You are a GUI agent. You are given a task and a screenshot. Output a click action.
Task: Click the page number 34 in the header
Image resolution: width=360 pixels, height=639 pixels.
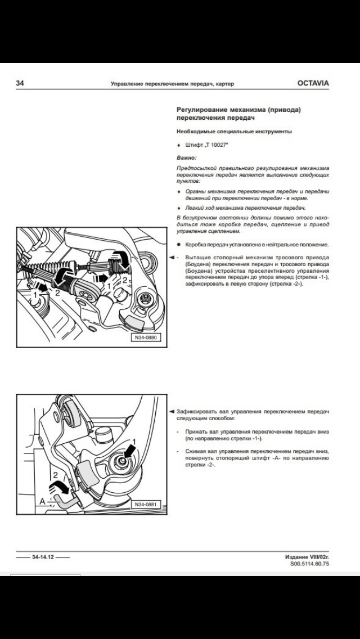click(x=20, y=83)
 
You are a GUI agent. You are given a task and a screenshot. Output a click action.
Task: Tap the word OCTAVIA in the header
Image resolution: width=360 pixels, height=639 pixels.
click(x=313, y=83)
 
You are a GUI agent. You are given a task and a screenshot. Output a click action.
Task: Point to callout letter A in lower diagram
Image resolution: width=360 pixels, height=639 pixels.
click(x=42, y=500)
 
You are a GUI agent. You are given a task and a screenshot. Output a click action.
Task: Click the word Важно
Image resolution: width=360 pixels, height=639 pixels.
click(x=186, y=158)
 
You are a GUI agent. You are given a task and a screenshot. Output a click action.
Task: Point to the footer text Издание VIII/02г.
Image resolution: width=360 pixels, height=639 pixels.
click(x=307, y=556)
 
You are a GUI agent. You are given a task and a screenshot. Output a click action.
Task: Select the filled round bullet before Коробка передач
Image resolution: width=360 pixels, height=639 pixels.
click(x=179, y=245)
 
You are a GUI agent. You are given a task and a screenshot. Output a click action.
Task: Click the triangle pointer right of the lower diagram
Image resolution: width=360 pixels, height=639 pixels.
click(x=172, y=412)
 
